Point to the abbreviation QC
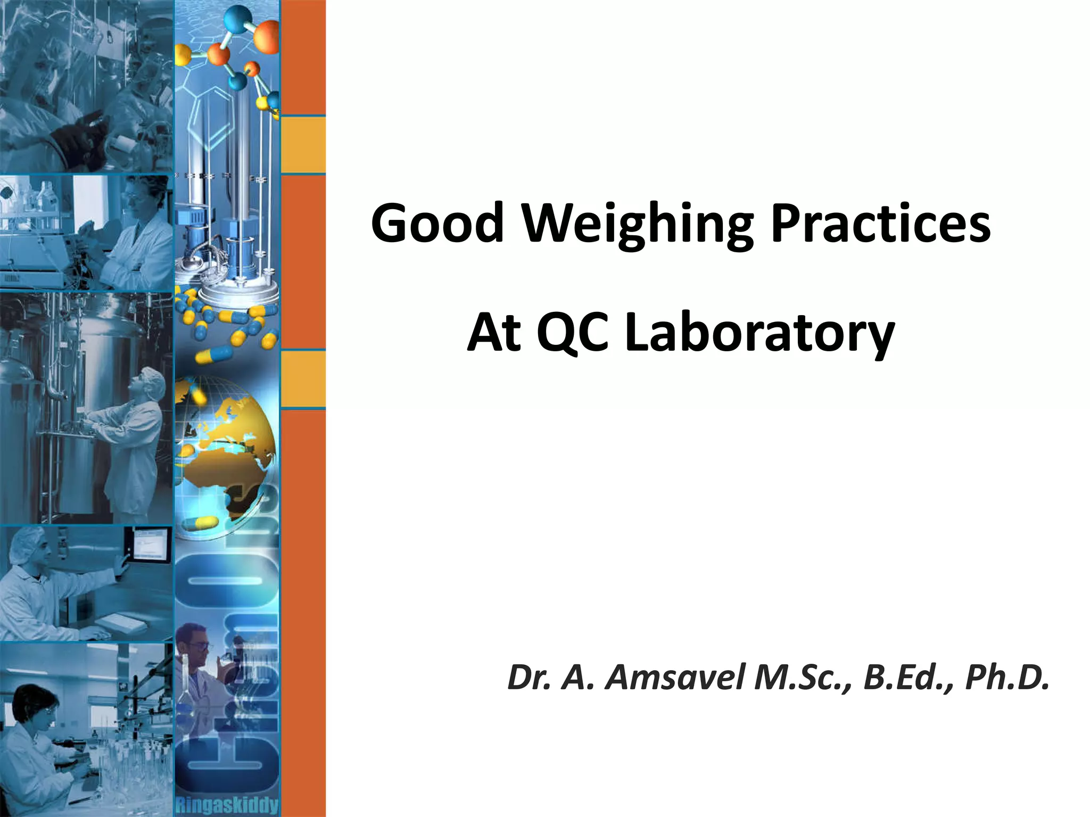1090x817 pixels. (x=572, y=332)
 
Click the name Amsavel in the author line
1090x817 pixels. (x=675, y=678)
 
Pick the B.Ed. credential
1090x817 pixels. (x=907, y=678)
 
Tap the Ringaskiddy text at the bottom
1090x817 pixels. (x=227, y=805)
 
